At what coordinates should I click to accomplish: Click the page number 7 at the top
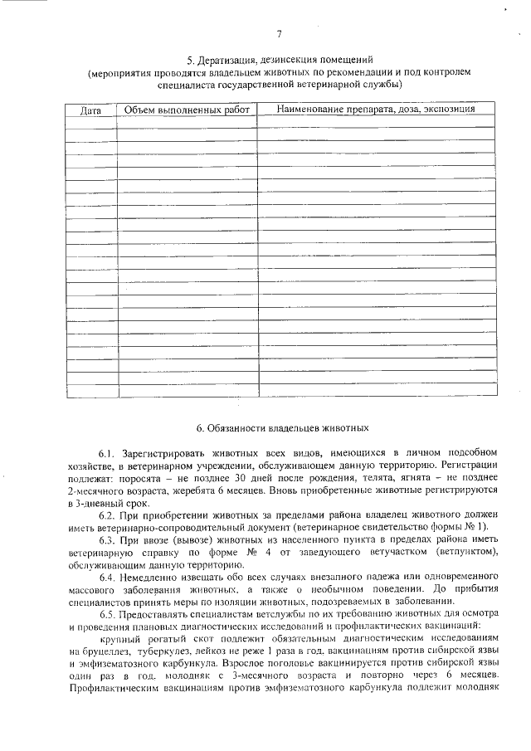279,34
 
